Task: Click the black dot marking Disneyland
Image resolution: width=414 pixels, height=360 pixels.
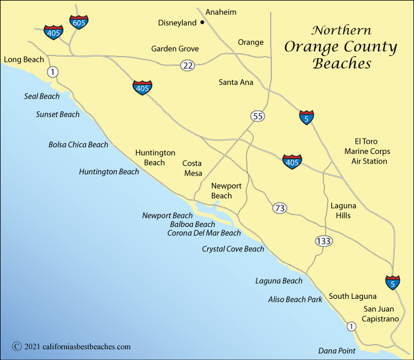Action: [x=202, y=23]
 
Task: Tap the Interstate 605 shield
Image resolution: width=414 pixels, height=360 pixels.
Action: [x=79, y=22]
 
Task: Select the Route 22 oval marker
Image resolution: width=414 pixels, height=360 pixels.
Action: [x=188, y=65]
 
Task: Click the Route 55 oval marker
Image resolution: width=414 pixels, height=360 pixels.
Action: [x=258, y=116]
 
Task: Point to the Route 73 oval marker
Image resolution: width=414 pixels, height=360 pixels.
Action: [x=279, y=208]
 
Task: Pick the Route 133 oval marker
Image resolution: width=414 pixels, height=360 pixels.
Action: [x=323, y=241]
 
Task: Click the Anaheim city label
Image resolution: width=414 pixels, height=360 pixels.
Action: [x=221, y=12]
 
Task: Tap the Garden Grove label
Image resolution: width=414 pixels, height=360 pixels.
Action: [x=175, y=49]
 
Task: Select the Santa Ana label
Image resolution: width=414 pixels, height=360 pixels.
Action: [x=236, y=82]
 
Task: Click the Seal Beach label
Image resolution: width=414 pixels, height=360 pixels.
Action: [x=42, y=96]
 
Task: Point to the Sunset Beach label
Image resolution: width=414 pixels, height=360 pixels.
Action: [x=58, y=114]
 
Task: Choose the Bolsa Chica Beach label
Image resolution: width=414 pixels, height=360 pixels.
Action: [x=78, y=144]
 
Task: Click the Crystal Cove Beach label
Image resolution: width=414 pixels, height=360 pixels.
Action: [x=233, y=249]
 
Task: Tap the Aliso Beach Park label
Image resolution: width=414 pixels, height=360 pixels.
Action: [x=295, y=299]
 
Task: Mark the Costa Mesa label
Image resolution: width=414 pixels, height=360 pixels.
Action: [x=193, y=168]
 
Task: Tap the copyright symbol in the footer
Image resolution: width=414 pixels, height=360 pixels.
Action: [x=16, y=346]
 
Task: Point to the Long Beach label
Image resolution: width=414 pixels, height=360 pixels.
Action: [x=23, y=59]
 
